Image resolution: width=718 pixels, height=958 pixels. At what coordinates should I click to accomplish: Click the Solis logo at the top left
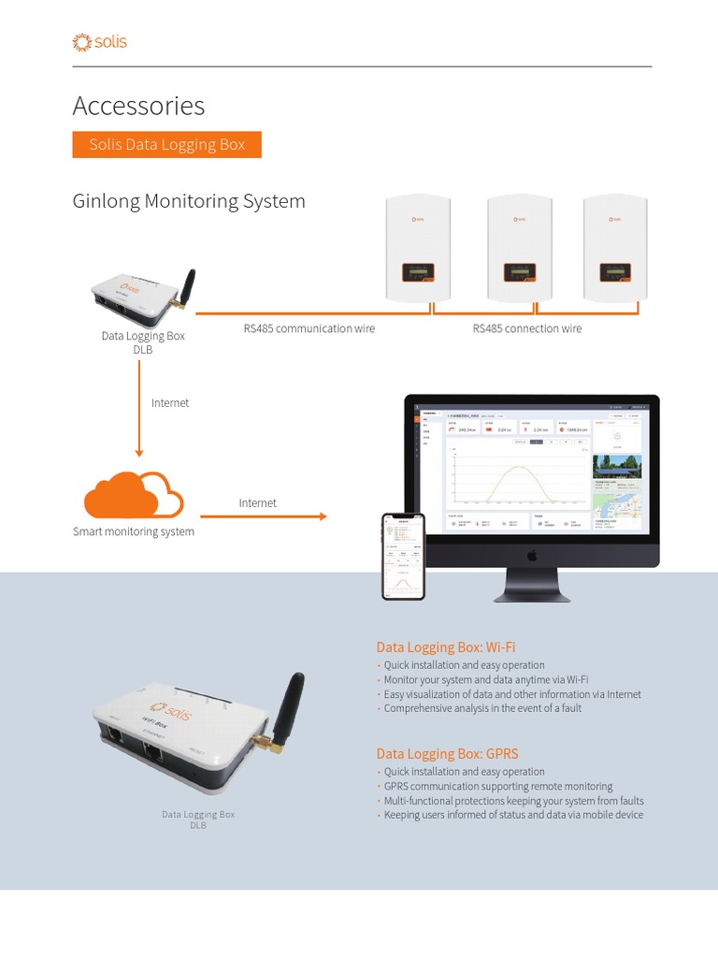(x=99, y=42)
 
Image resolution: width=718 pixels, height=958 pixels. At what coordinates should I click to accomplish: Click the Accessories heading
(x=138, y=106)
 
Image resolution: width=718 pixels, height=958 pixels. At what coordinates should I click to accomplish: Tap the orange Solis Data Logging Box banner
(x=166, y=145)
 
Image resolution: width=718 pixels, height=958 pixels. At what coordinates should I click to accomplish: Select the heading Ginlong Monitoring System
(x=189, y=201)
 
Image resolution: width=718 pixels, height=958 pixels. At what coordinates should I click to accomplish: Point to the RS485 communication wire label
(x=309, y=328)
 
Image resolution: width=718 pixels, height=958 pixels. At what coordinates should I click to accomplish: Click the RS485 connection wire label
(x=526, y=328)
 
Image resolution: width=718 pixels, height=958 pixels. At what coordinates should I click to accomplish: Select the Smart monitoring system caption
(x=134, y=531)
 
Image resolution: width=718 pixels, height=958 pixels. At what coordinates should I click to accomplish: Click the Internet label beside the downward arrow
(x=170, y=402)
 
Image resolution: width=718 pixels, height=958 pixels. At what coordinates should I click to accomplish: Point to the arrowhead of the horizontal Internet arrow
(x=323, y=516)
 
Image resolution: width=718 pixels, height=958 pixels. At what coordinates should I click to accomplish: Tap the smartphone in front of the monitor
(x=403, y=556)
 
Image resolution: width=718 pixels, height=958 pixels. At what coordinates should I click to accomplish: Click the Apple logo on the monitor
(x=532, y=556)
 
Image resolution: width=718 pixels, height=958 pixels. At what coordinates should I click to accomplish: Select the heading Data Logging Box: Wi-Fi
(x=446, y=646)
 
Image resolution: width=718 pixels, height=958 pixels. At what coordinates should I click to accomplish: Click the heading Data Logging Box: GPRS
(x=447, y=753)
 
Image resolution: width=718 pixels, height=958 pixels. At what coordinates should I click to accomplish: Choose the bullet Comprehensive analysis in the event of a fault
(x=482, y=708)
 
